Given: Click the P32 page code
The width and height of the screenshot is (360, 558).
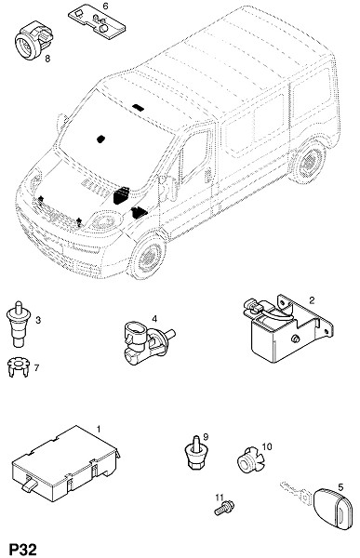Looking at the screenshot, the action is pos(22,549).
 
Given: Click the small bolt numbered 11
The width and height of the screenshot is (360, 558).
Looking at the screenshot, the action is pos(224,508).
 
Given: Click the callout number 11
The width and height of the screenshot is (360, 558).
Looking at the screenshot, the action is pos(219,497).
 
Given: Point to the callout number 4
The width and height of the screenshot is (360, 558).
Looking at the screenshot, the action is pos(154,318).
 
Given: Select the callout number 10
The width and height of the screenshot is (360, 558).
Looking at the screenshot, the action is pos(267,445).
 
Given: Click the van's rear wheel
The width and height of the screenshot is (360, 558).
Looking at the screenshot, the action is pos(308,161).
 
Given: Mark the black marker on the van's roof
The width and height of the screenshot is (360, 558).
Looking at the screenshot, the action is pos(138,107).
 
